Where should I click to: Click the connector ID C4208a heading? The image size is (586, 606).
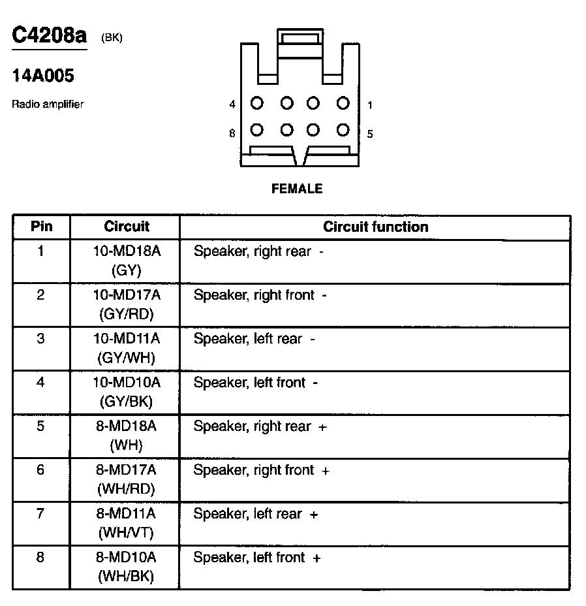pos(49,35)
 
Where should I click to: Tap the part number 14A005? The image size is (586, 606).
pos(43,76)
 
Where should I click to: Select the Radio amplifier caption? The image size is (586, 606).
pos(48,104)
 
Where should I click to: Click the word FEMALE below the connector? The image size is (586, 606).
pos(297,189)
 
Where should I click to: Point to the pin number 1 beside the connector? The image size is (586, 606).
pos(370,104)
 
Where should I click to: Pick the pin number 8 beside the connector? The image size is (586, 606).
pos(232,133)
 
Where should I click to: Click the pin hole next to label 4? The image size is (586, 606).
pos(257,103)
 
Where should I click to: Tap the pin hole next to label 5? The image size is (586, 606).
pos(343,130)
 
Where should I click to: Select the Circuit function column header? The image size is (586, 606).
pos(376,227)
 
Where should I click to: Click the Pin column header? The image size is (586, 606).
pos(41,227)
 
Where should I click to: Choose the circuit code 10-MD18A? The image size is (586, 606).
pos(127,251)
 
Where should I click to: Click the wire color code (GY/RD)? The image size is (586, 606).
pos(127,313)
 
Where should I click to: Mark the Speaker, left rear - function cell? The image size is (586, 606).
pos(254,339)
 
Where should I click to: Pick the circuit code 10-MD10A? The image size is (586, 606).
pos(127,382)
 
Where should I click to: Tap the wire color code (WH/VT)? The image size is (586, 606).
pos(127,532)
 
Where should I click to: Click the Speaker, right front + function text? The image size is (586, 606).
pos(261,470)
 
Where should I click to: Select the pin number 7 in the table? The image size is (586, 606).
pos(41,513)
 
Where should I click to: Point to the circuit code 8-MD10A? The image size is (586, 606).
pos(127,558)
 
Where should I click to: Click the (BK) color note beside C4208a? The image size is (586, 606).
pos(112,37)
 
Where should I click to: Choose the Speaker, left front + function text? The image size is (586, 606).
pos(257,558)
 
